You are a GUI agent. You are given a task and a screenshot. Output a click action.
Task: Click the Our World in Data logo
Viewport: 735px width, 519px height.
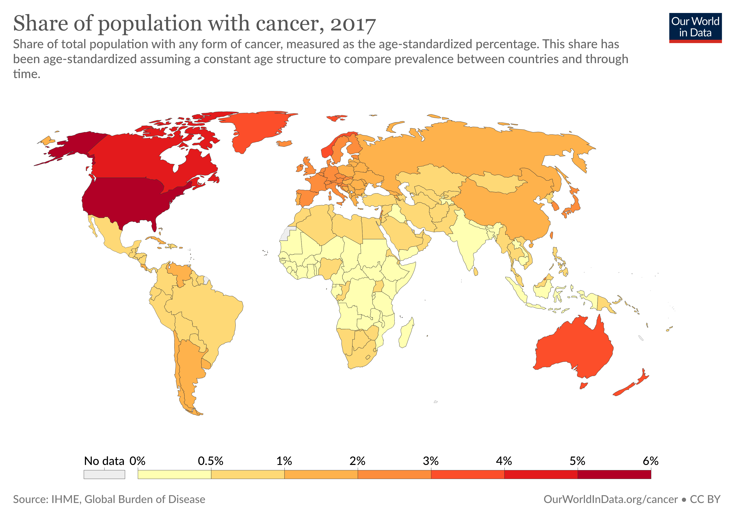[x=695, y=27]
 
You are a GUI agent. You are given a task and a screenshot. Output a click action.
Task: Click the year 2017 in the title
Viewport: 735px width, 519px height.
[x=353, y=24]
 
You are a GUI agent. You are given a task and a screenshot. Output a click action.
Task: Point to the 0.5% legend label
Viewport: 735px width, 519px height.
[x=210, y=461]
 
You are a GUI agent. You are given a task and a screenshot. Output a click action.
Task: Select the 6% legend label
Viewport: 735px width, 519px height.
[x=650, y=461]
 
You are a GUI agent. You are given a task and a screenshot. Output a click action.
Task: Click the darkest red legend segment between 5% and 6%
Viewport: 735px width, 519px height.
[x=614, y=474]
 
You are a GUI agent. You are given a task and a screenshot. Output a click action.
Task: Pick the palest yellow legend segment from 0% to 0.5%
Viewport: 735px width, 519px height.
[x=174, y=474]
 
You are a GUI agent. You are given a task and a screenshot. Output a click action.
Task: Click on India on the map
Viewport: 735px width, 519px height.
[x=466, y=240]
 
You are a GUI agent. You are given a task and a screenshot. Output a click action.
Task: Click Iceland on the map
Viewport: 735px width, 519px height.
[x=284, y=143]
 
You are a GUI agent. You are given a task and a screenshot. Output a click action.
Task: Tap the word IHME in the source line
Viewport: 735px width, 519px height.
[x=66, y=499]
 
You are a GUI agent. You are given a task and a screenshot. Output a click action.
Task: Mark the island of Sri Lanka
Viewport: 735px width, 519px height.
[x=476, y=272]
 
